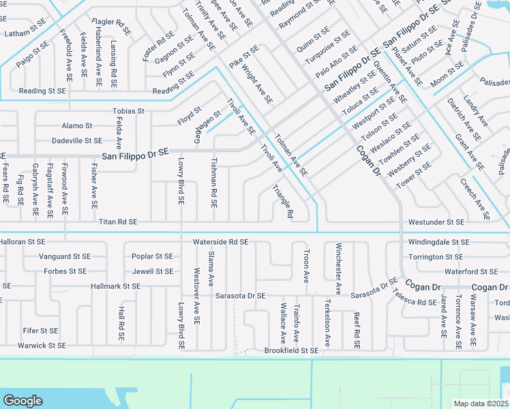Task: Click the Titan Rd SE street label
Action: pyautogui.click(x=118, y=222)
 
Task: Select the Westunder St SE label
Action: pyautogui.click(x=436, y=222)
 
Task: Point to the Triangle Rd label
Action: pyautogui.click(x=282, y=201)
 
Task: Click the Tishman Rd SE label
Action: pyautogui.click(x=214, y=183)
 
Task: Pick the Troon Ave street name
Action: pyautogui.click(x=306, y=268)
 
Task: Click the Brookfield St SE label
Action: pyautogui.click(x=291, y=350)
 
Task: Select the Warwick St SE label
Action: pyautogui.click(x=42, y=346)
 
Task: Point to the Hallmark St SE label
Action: pyautogui.click(x=115, y=286)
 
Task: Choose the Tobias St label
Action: pyautogui.click(x=129, y=111)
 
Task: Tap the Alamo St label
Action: pyautogui.click(x=77, y=126)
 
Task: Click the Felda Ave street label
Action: pyautogui.click(x=119, y=134)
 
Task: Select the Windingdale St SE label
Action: pyautogui.click(x=439, y=242)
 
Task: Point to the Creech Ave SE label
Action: pyautogui.click(x=474, y=198)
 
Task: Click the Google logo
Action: pyautogui.click(x=22, y=400)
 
